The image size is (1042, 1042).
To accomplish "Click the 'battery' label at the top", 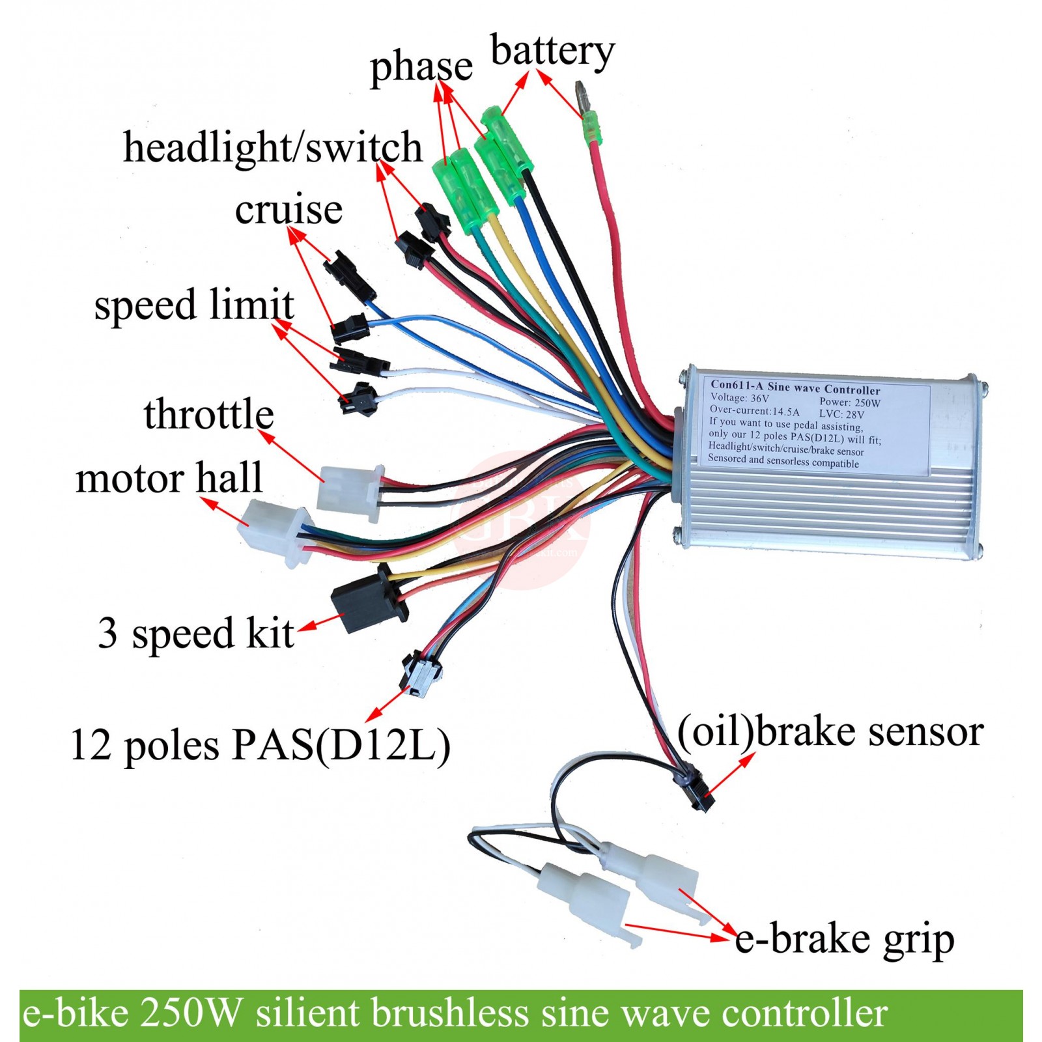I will point(552,52).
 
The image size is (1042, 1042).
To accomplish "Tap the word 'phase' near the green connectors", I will point(421,67).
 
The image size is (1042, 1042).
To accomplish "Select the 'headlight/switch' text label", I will point(272,147).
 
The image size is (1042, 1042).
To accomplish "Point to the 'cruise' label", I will point(289,210).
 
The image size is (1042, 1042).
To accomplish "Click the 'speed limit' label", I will point(194,305).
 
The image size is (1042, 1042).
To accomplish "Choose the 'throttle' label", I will point(208,414).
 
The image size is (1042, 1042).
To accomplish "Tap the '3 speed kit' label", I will point(195,632).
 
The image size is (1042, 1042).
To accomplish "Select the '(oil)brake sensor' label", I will point(830,731).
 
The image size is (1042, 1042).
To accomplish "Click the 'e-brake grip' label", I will point(845,938).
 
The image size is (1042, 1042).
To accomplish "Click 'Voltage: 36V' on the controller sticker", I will point(740,397).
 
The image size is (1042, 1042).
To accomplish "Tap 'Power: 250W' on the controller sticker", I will point(849,402).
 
